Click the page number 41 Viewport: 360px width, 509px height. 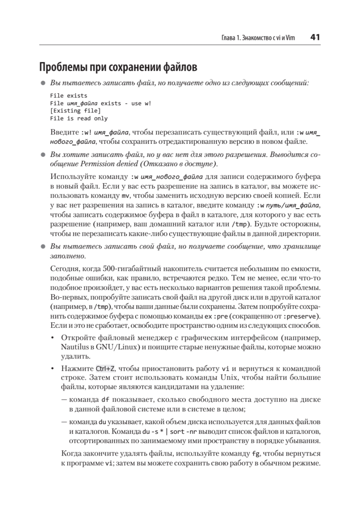click(x=315, y=37)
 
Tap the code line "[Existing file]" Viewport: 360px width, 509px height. click(x=75, y=111)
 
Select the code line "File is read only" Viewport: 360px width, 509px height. click(x=78, y=119)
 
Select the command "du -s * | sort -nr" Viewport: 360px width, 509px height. click(x=174, y=432)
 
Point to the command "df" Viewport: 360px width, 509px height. click(x=106, y=400)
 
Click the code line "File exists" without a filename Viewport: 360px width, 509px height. click(x=68, y=96)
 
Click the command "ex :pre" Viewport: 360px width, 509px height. click(x=216, y=316)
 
